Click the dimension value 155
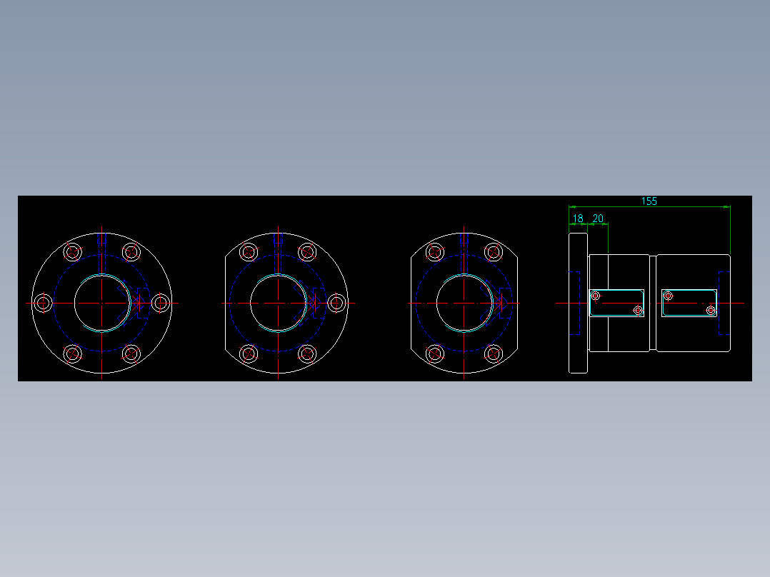click(649, 201)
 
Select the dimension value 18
click(578, 219)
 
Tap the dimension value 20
click(598, 219)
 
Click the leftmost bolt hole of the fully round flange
click(44, 303)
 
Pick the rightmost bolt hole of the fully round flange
click(161, 303)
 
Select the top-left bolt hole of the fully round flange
click(72, 252)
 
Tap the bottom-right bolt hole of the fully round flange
click(131, 353)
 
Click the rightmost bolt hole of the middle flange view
click(336, 303)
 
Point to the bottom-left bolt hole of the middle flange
click(249, 353)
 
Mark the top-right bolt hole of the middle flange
click(307, 252)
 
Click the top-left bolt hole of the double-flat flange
click(434, 252)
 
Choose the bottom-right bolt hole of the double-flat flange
click(493, 353)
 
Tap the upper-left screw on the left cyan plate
click(596, 296)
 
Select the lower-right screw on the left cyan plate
click(638, 311)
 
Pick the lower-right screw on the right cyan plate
click(710, 311)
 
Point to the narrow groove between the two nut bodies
click(653, 303)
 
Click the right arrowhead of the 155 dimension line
click(726, 206)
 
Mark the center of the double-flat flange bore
click(464, 303)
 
